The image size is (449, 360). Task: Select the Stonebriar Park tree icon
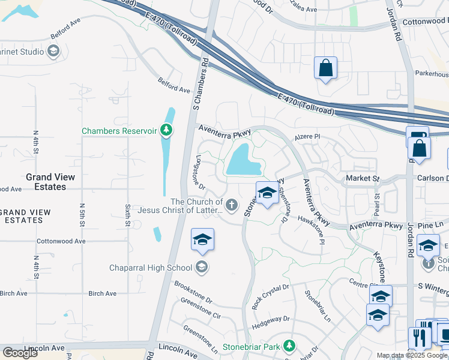[289, 346]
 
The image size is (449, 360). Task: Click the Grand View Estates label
[50, 182]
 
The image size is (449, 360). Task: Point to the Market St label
[363, 179]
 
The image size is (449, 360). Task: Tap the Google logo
[20, 353]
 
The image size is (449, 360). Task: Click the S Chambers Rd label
[199, 84]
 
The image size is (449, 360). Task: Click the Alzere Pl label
[308, 137]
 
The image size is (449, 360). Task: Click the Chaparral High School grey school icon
[202, 268]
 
